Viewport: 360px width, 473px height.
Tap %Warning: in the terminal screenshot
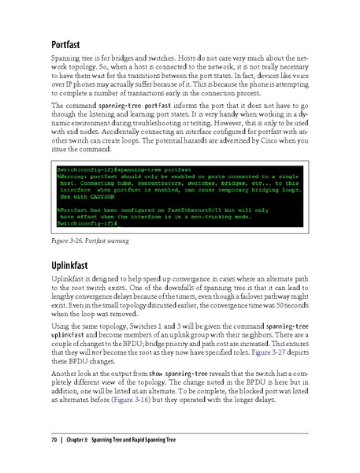(73, 177)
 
